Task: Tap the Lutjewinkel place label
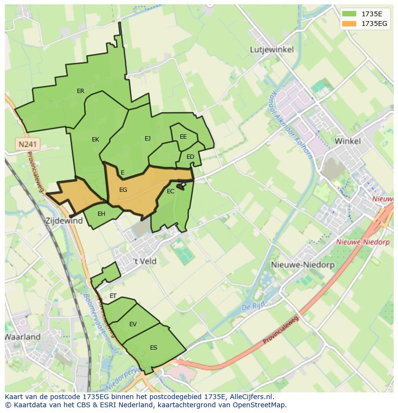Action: [272, 49]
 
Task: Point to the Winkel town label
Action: [348, 141]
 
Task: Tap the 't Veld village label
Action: [145, 261]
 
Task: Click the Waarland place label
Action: [23, 337]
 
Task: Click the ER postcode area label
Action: [80, 91]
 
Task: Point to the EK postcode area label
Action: [95, 140]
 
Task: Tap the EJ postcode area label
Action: [148, 139]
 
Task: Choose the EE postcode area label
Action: [183, 137]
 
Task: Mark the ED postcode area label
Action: [190, 157]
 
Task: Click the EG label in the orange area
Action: [123, 190]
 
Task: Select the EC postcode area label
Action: [170, 191]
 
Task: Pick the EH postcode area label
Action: [101, 214]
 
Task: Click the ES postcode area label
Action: [153, 348]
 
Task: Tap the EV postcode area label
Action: [133, 324]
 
